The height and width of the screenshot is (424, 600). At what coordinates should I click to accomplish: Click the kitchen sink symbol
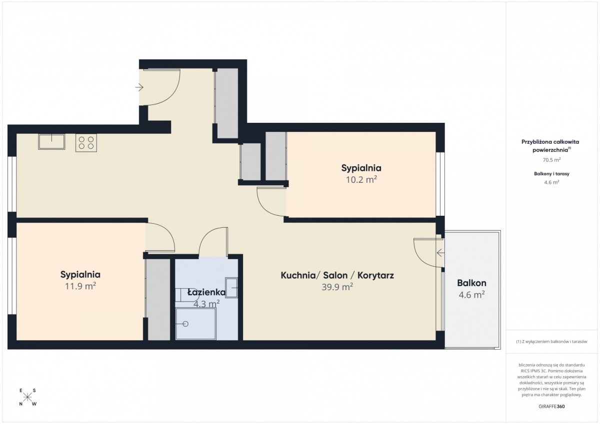(51, 141)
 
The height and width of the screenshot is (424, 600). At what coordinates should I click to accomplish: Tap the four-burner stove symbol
(86, 143)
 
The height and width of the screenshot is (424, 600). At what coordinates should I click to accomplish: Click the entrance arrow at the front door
(139, 87)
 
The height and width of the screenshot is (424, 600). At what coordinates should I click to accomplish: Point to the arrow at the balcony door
(440, 253)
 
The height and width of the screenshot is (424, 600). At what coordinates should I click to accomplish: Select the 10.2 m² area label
(361, 179)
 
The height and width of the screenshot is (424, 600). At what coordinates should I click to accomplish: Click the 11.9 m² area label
(80, 286)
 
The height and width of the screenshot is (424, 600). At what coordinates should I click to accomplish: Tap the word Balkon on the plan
(471, 283)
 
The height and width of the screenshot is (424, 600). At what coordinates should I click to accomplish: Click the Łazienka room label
(206, 292)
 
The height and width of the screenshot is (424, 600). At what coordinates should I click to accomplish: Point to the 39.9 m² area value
(337, 287)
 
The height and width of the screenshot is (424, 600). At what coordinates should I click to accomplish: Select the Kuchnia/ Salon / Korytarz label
(337, 275)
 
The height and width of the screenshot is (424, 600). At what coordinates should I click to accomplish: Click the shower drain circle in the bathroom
(185, 324)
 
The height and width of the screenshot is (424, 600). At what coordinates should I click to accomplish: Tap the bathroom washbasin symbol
(231, 288)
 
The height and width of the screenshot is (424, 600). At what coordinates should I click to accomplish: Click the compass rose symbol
(27, 397)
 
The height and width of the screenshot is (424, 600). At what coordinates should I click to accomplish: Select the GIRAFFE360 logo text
(551, 407)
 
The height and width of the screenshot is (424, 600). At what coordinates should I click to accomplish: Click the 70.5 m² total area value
(551, 160)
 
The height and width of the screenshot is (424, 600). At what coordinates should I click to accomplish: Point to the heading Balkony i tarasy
(551, 174)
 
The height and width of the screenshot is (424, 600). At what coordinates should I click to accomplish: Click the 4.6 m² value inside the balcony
(471, 295)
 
